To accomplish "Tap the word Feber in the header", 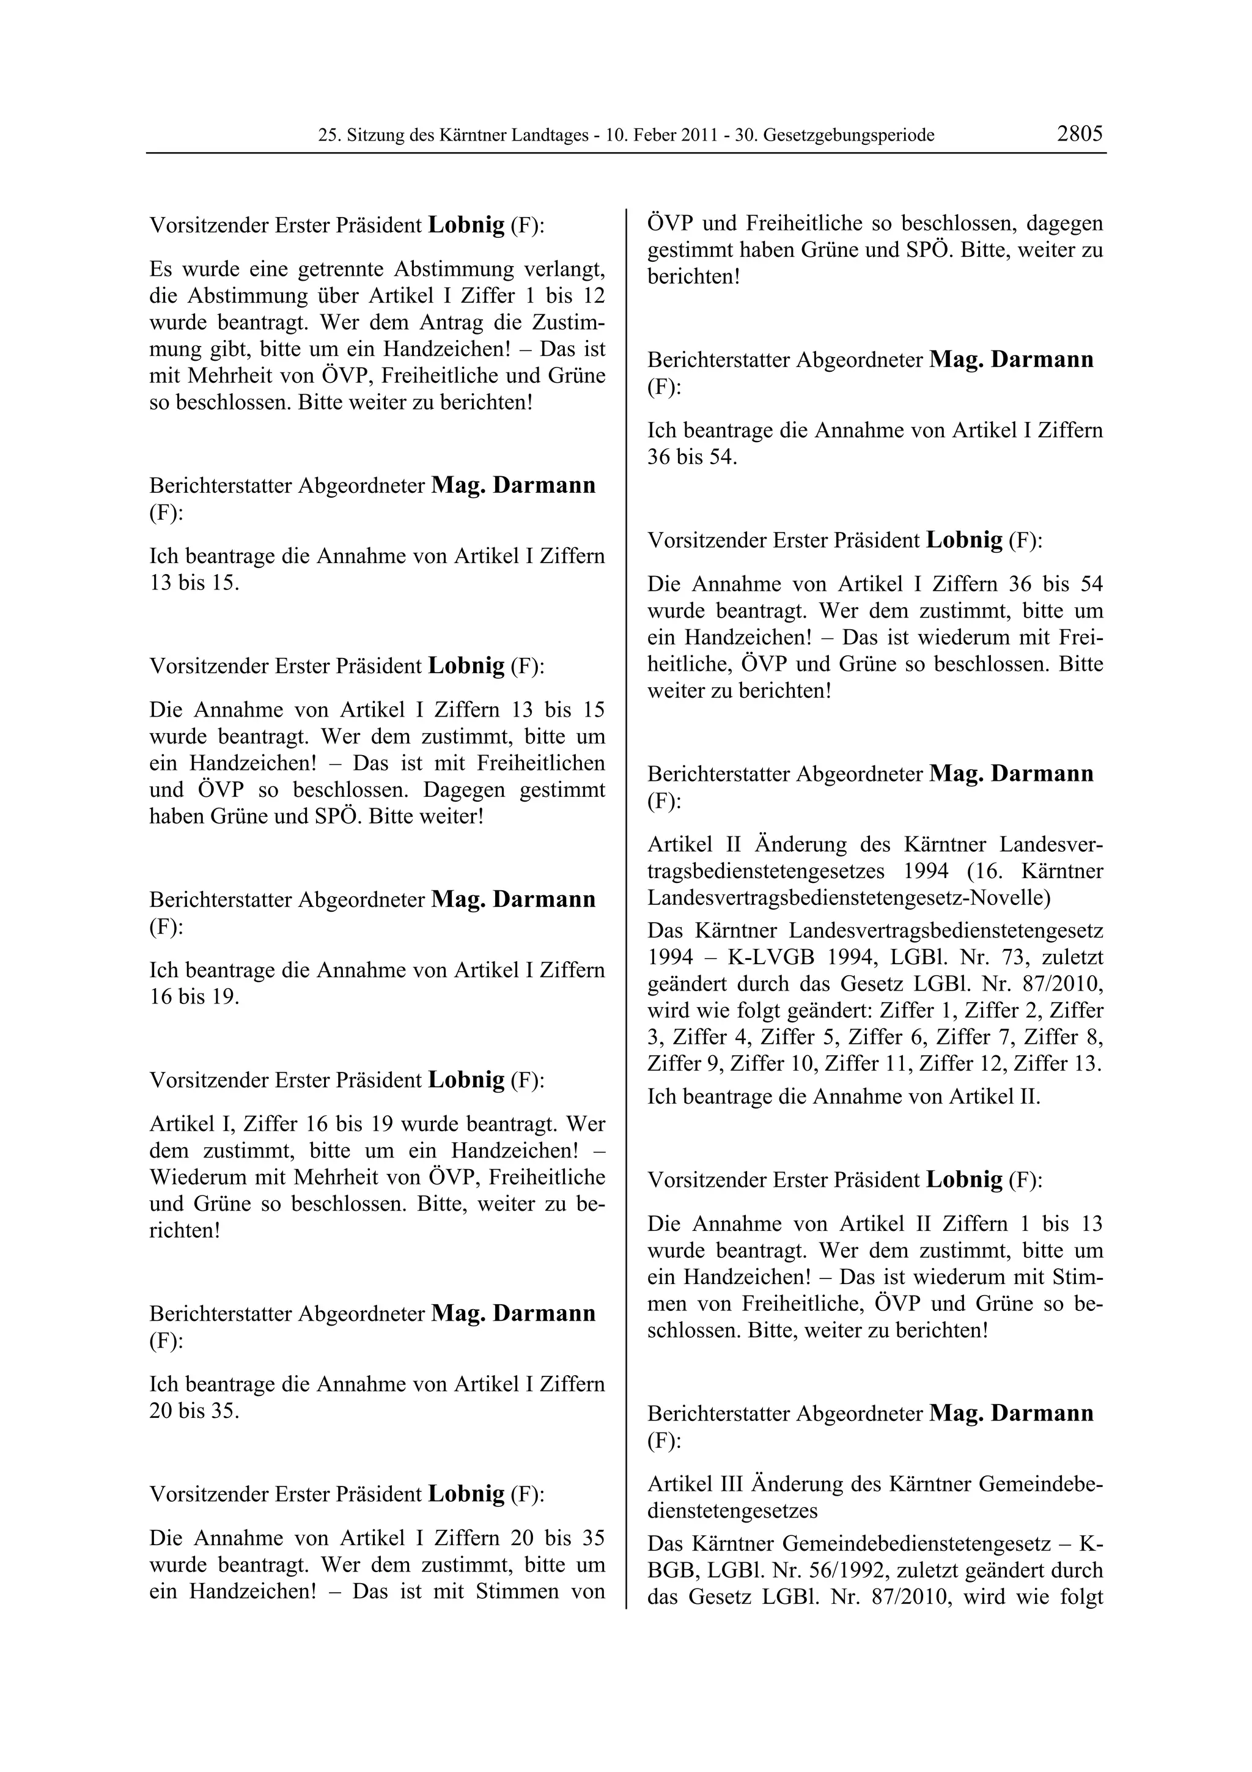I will pos(660,136).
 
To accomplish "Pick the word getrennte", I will pos(336,270).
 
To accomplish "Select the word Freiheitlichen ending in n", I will pos(541,763).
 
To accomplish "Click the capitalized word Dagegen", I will pos(466,789).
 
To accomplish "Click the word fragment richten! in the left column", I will pos(185,1230).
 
